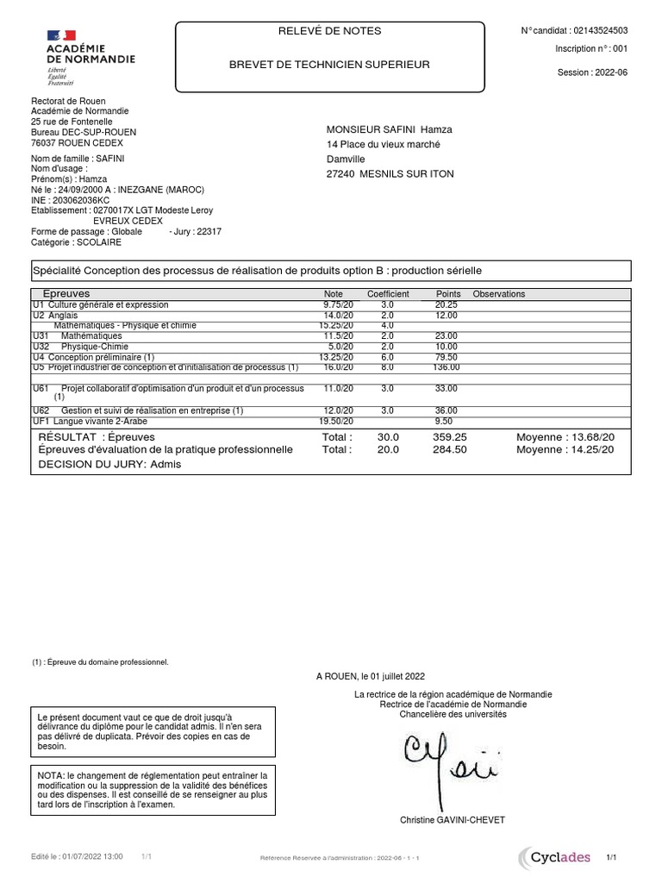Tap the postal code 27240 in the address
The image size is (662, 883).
tap(340, 174)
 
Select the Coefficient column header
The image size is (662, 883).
tap(388, 294)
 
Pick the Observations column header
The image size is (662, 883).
tap(498, 294)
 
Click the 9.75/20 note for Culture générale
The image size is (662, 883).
tap(338, 305)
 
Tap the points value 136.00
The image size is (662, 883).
tap(446, 367)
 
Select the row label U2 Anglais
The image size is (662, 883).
tap(55, 316)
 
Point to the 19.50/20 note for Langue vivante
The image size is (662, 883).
tap(336, 422)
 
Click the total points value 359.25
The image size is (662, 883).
tap(449, 438)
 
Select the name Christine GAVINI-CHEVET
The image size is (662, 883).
tap(453, 820)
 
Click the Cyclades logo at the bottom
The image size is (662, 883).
tap(554, 857)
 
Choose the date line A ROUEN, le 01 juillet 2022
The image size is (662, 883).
tap(370, 677)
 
